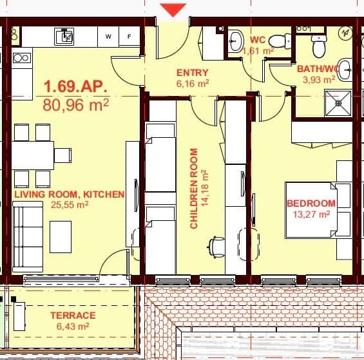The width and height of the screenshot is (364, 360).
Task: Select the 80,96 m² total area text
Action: pos(75,104)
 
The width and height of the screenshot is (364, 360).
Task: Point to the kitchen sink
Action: pos(66,37)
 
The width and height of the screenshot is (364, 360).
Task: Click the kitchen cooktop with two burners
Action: pos(21,58)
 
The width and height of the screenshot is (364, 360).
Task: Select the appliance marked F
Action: pos(129,37)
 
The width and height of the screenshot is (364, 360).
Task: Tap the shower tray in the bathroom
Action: pos(338,102)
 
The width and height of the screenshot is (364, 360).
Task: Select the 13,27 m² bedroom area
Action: pos(311,214)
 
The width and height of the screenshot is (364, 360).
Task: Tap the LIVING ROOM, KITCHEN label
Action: pos(69,194)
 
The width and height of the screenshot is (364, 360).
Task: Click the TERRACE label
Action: pos(73,316)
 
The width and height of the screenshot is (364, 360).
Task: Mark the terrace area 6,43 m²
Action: pos(72,327)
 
